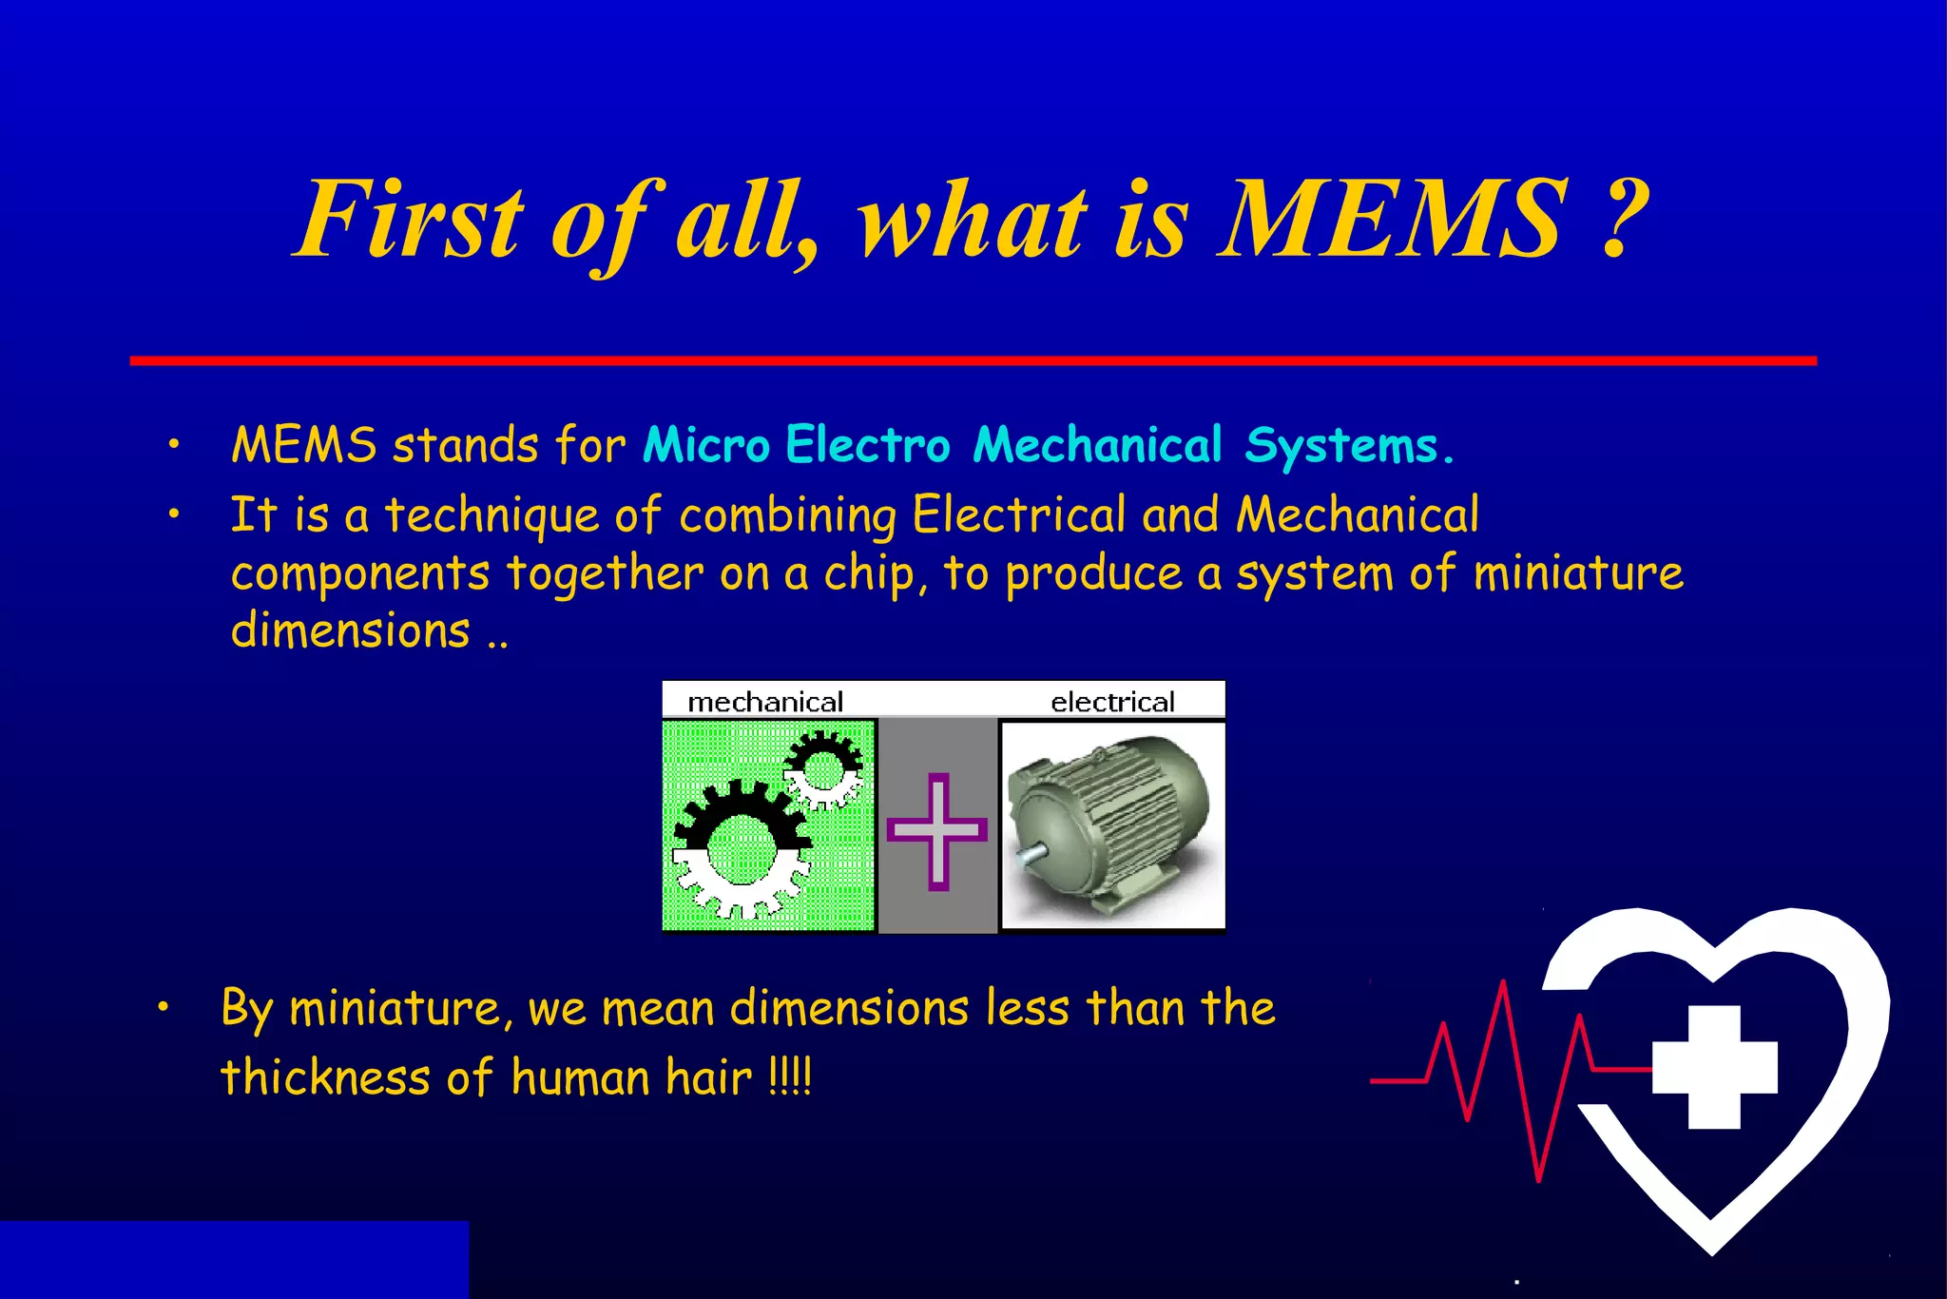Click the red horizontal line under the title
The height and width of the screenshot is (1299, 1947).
point(973,361)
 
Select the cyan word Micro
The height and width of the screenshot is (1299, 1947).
point(705,445)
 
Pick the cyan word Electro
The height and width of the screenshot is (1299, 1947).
point(867,445)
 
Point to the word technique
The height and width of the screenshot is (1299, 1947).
point(491,516)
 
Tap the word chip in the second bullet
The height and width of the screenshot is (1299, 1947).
point(869,574)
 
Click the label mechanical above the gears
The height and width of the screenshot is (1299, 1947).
point(765,702)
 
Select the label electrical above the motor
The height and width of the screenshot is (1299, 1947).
point(1112,702)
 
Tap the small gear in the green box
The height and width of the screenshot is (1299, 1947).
point(823,768)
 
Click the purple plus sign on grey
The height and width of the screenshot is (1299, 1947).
point(937,831)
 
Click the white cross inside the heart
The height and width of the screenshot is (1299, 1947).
point(1714,1066)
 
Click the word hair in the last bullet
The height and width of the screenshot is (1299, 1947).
point(708,1077)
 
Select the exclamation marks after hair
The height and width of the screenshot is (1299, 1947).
point(790,1077)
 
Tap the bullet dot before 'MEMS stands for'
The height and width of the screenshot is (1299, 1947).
point(173,444)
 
